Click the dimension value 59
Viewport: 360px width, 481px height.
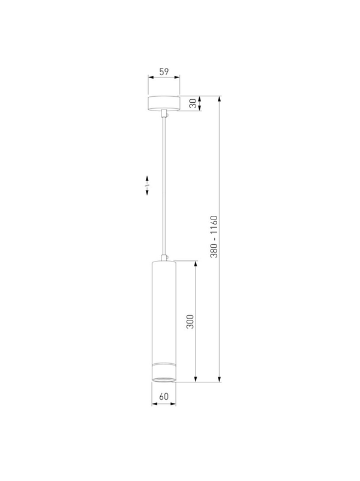coord(164,72)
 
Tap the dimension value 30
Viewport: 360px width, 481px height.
coord(193,103)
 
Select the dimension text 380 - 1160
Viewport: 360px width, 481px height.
coord(214,236)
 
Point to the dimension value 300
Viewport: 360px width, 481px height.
coord(190,322)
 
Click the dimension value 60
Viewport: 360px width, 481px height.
coord(164,396)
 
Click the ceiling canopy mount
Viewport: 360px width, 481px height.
coord(164,103)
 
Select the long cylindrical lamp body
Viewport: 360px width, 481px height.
coord(164,322)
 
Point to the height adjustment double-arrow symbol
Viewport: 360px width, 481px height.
coord(147,185)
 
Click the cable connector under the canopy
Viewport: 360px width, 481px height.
coord(164,114)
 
